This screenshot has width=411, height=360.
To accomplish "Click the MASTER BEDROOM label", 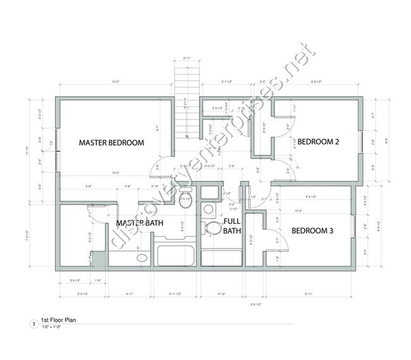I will coord(111,142).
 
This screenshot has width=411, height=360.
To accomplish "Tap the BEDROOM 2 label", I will coord(319,142).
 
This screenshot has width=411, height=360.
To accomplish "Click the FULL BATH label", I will coord(232,226).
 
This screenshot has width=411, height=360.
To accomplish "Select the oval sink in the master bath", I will coord(142,258).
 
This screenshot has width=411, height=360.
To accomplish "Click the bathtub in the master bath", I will coord(176,255).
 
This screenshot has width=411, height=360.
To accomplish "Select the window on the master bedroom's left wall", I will coord(58,142).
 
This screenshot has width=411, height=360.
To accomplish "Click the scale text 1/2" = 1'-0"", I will coord(55,327).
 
